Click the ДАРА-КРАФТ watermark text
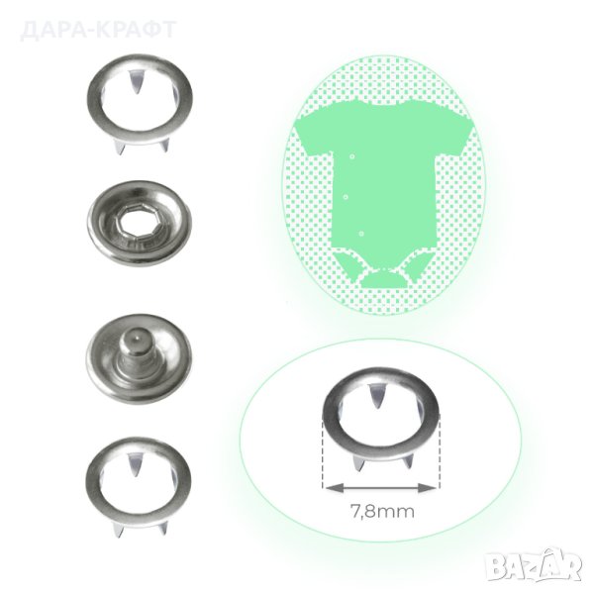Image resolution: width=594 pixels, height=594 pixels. pos(98,30)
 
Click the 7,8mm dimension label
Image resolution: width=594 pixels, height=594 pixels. pos(382,512)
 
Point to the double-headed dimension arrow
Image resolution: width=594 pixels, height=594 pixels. pos(381,488)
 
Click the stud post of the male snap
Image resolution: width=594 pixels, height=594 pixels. pos(135,351)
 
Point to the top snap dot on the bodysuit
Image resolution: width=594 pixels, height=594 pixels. pos(352,156)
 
